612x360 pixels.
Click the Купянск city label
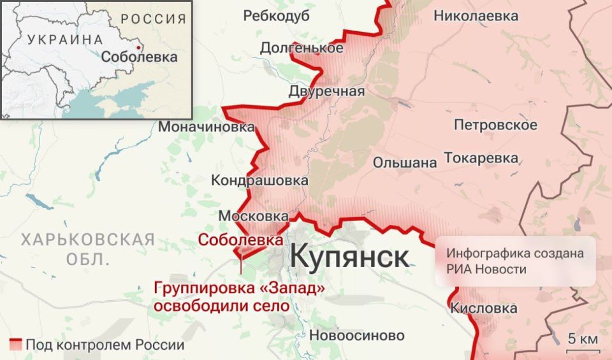[350, 257]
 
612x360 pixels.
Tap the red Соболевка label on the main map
[240, 240]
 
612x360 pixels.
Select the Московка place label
[253, 217]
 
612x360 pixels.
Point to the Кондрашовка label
[259, 181]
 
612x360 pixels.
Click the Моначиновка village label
[206, 127]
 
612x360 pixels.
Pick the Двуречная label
[326, 91]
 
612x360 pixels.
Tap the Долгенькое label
[302, 48]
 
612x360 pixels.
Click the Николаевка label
[476, 17]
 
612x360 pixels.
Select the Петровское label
[495, 124]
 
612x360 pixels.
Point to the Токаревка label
[481, 157]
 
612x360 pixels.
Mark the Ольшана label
[405, 162]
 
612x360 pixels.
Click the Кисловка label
[483, 308]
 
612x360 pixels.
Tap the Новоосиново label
[357, 335]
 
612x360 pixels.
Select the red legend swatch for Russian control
[16, 345]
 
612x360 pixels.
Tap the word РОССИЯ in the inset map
[154, 18]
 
